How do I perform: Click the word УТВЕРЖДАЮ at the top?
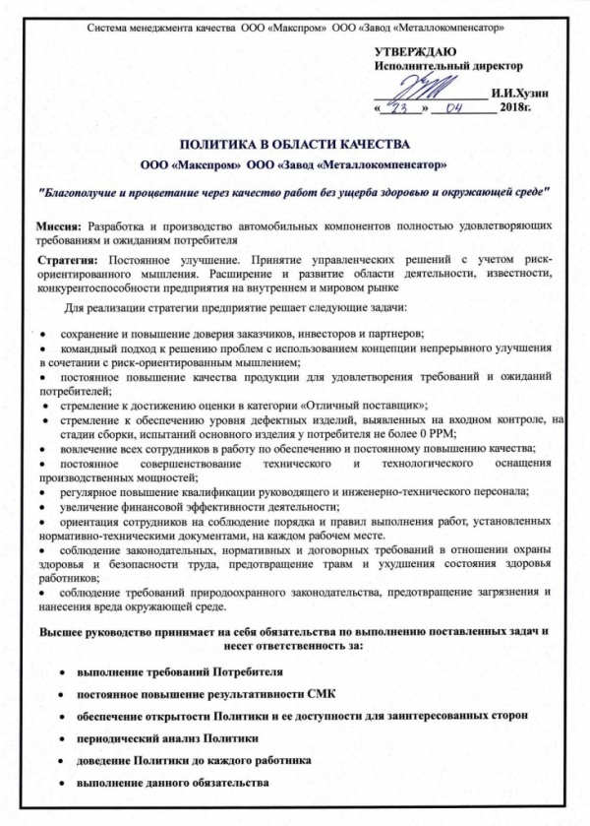coord(415,51)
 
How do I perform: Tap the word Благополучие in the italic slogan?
coord(82,188)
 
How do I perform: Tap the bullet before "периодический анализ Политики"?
coord(63,738)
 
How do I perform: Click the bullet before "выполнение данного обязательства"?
coord(63,784)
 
